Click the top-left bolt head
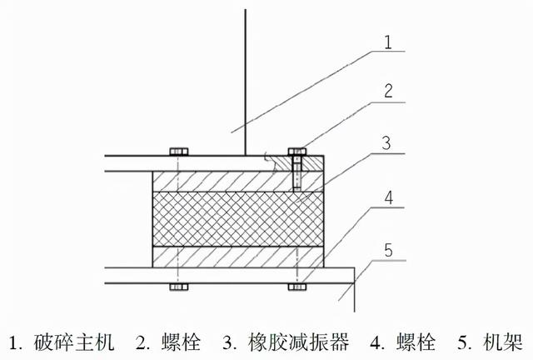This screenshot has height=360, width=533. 177,152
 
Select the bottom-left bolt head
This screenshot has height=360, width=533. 177,287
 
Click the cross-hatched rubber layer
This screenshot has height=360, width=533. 233,218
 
